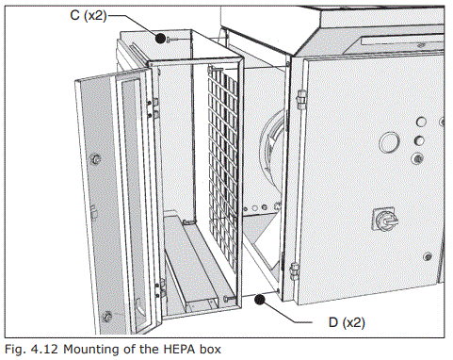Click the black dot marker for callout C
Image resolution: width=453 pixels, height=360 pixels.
162,38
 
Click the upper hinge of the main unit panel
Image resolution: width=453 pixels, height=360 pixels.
299,97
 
